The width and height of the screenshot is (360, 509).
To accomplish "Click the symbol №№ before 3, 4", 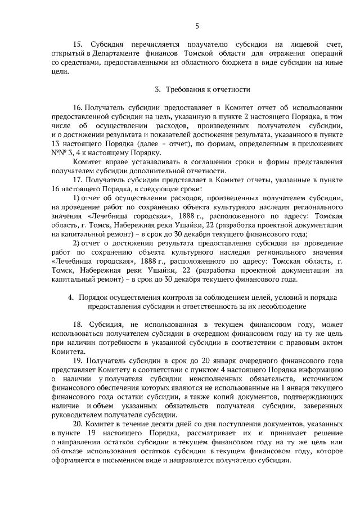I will click(58, 152).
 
